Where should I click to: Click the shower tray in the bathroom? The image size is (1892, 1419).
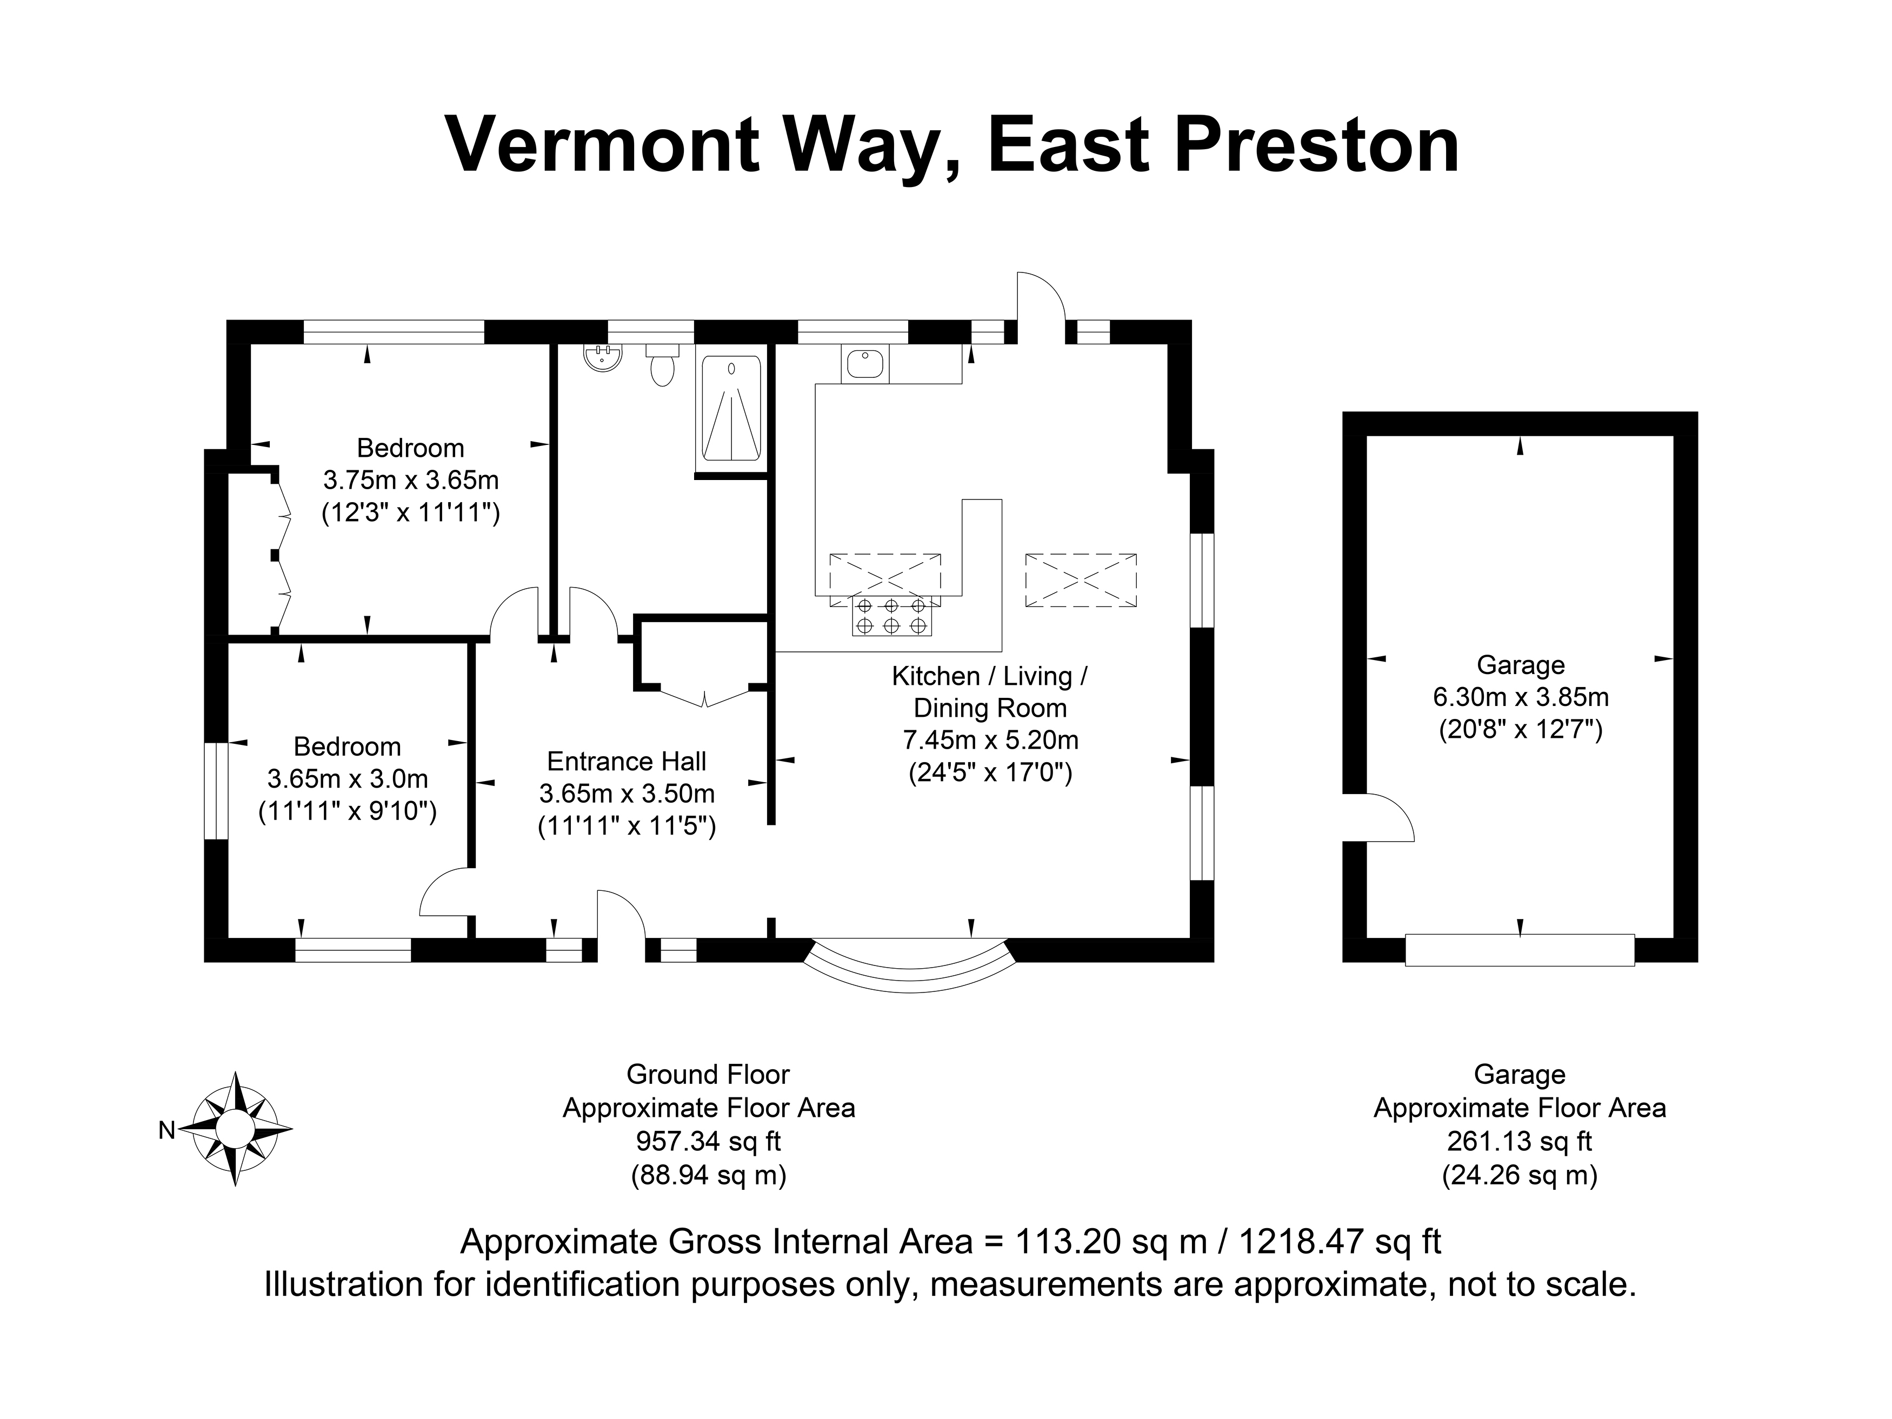tap(731, 408)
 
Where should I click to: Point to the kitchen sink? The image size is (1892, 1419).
tap(865, 363)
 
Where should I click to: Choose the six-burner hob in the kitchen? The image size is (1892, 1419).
tap(892, 616)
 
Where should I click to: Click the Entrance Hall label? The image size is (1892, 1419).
tap(627, 761)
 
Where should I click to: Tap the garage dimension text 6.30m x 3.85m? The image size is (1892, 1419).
tap(1521, 697)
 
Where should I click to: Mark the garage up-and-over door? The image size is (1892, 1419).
tap(1520, 950)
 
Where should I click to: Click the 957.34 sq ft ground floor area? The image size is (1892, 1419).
tap(708, 1141)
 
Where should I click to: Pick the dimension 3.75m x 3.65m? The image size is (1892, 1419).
tap(410, 480)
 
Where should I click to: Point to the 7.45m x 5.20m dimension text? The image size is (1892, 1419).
tap(990, 740)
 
